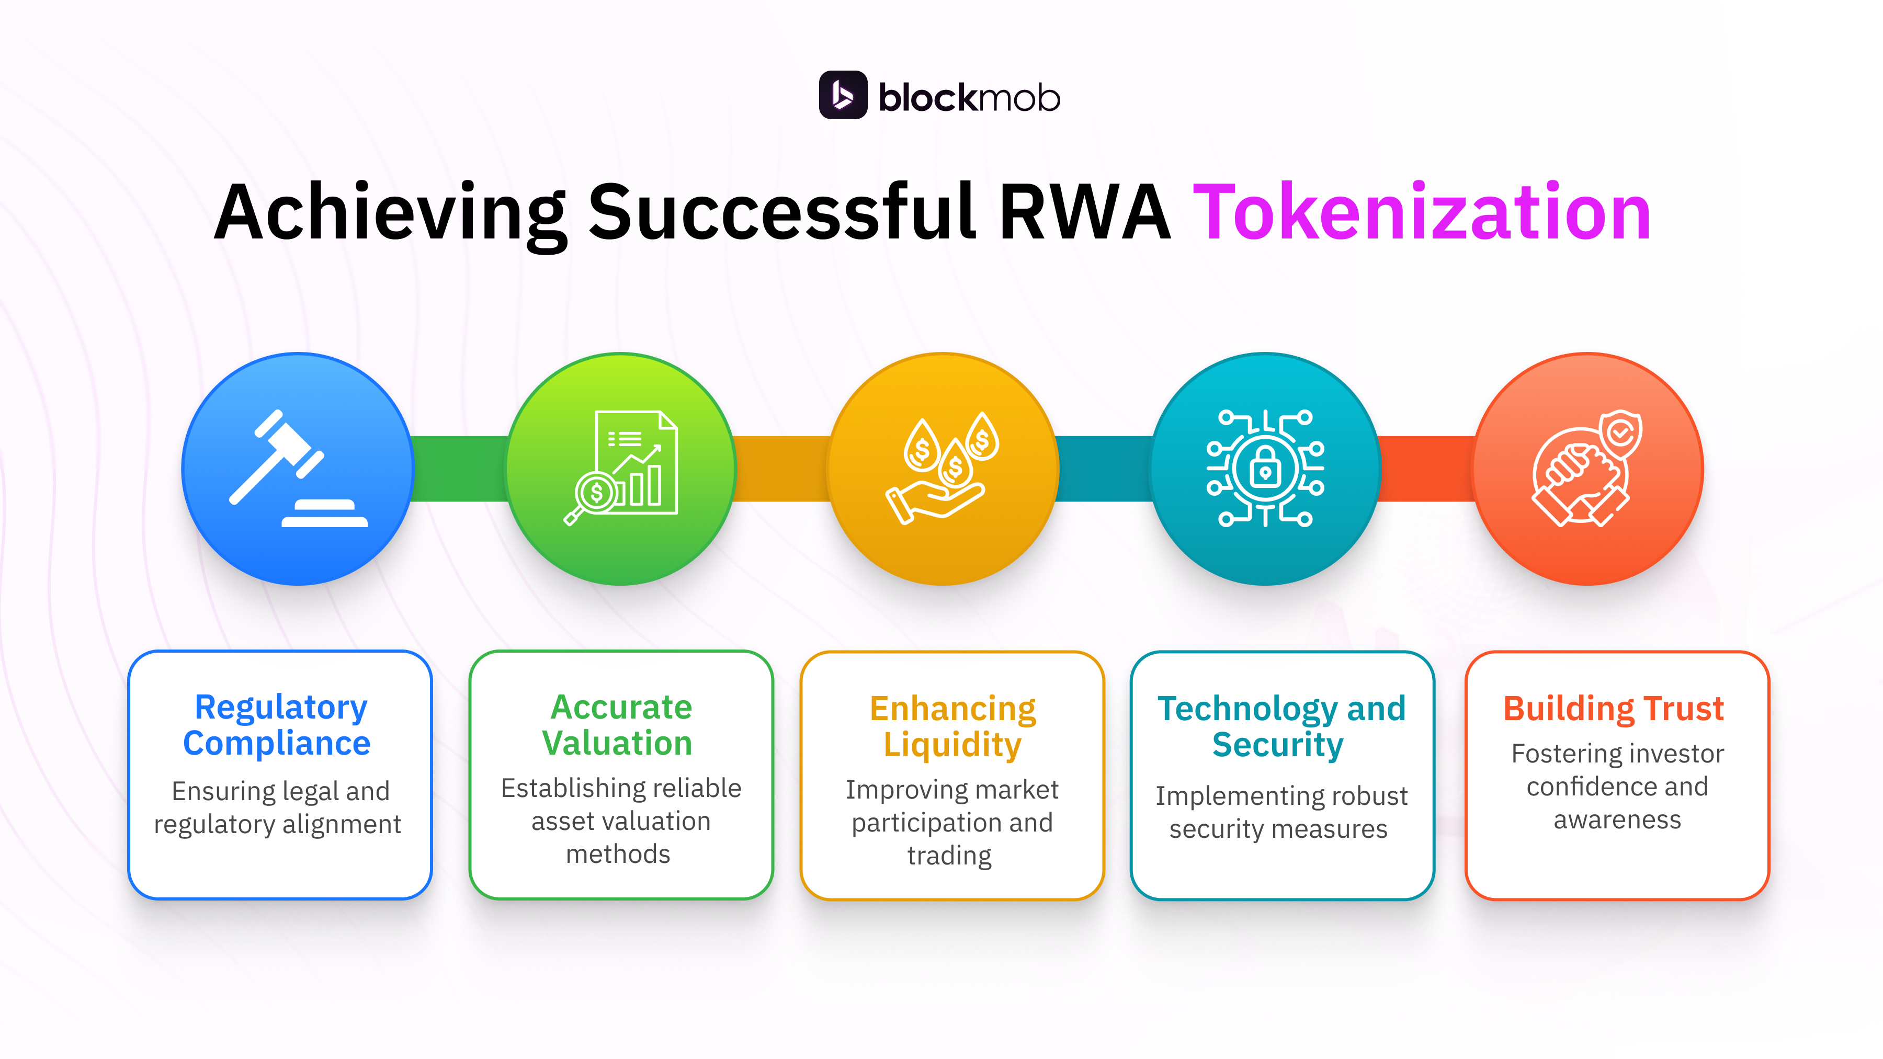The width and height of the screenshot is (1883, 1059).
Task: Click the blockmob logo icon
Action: point(842,95)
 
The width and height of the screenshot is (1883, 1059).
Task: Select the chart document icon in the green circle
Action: point(622,467)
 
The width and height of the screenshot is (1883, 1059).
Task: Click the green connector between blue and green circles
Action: point(460,469)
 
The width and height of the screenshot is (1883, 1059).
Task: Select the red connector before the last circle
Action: point(1425,469)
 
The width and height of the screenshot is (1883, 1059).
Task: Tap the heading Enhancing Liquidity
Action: point(952,726)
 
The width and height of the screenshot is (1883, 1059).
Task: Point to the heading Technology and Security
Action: point(1280,726)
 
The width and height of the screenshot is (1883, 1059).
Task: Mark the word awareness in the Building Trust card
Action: point(1617,820)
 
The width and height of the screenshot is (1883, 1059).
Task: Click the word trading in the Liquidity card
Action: point(949,855)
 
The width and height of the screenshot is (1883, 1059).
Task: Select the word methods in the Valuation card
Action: point(618,853)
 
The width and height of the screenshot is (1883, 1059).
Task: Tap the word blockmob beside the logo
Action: point(969,97)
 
